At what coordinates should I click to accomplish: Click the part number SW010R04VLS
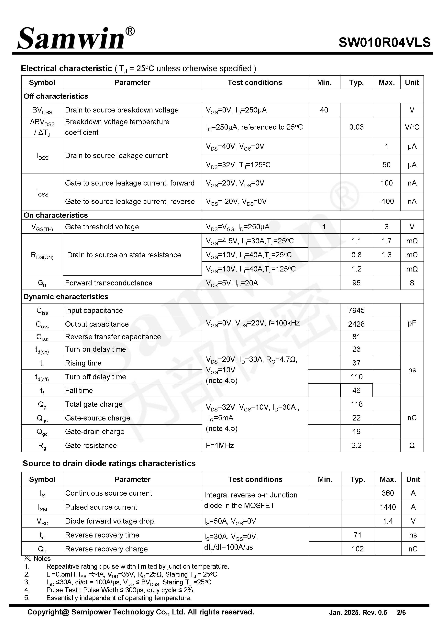click(384, 43)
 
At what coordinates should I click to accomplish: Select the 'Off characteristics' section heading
click(56, 96)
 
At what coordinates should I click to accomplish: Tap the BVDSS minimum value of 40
click(324, 110)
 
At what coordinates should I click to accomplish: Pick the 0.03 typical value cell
click(356, 127)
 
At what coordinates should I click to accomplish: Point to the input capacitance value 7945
click(356, 310)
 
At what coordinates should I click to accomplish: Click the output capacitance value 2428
click(356, 324)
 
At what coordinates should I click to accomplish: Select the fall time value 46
click(356, 390)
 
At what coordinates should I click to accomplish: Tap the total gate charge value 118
click(356, 404)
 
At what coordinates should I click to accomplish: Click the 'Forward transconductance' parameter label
click(109, 283)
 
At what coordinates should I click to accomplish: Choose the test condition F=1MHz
click(220, 445)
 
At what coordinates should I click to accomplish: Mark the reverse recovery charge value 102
click(357, 549)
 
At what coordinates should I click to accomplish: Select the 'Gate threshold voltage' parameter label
click(102, 227)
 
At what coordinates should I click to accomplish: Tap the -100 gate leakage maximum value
click(386, 201)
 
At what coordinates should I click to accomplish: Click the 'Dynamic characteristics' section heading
click(66, 297)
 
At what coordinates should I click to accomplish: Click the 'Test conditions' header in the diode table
click(255, 479)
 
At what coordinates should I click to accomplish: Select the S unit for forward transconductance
click(412, 283)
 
